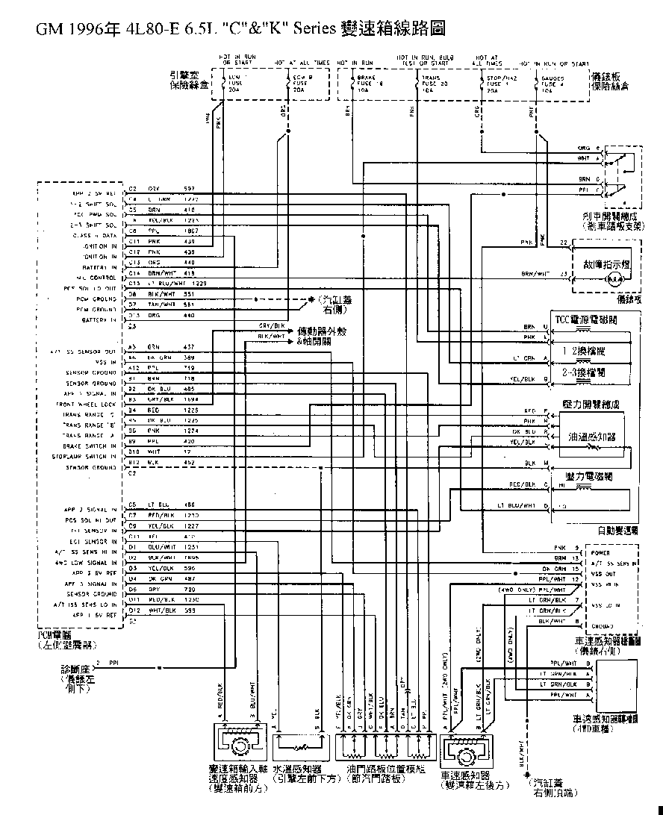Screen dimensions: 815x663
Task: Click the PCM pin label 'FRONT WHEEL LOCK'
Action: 90,404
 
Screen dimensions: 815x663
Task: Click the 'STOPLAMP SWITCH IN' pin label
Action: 85,456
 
